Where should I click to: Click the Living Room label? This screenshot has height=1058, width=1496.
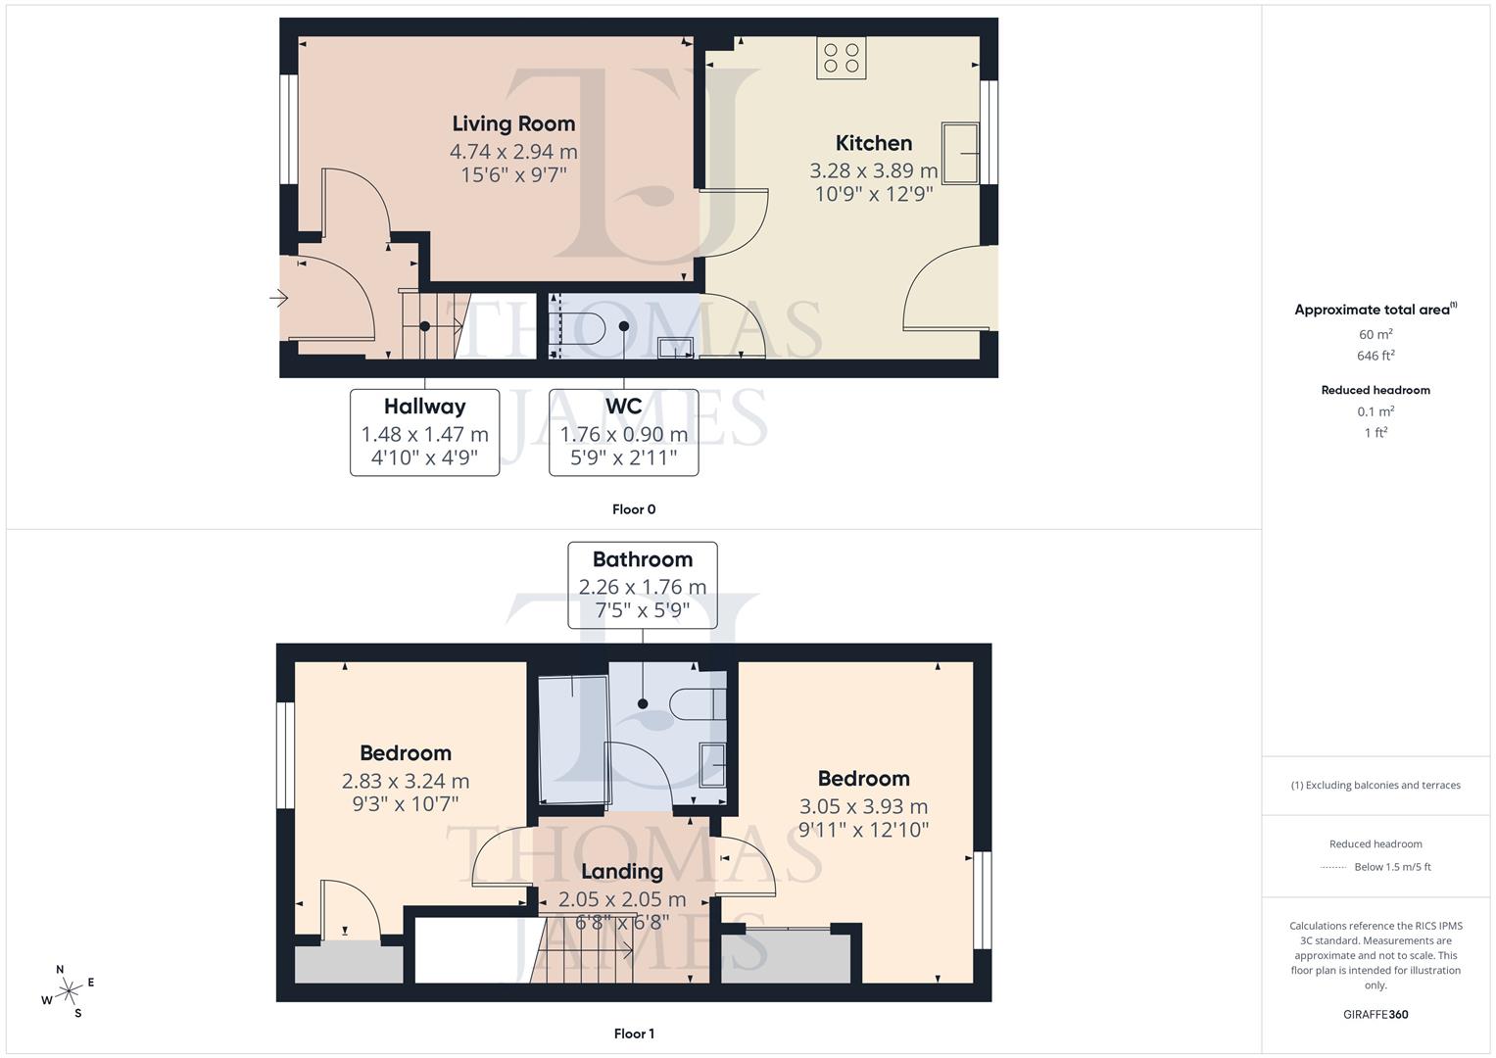click(513, 123)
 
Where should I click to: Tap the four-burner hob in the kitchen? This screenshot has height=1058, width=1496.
click(841, 58)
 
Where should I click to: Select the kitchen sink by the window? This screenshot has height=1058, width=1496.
click(960, 153)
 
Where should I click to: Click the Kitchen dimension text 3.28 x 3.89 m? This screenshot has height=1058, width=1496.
click(873, 170)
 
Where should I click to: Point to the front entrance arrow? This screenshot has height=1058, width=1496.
click(280, 298)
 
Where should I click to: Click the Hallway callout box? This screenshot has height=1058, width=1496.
click(424, 432)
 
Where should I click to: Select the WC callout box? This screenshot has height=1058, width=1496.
click(623, 432)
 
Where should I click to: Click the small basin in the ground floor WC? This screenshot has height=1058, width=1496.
click(676, 346)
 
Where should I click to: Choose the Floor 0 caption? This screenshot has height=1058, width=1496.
click(634, 509)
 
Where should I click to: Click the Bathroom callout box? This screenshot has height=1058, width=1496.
click(642, 585)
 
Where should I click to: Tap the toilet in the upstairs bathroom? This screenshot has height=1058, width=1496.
click(697, 703)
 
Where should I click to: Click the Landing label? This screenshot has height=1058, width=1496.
click(621, 871)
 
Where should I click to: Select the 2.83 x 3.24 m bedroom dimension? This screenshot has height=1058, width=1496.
click(405, 781)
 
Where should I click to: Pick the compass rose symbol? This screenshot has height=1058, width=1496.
click(69, 990)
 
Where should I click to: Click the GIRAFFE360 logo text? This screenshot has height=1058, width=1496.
click(1375, 1014)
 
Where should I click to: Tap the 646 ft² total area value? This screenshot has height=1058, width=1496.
click(1375, 356)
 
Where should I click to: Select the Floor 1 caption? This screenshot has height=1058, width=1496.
click(634, 1034)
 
